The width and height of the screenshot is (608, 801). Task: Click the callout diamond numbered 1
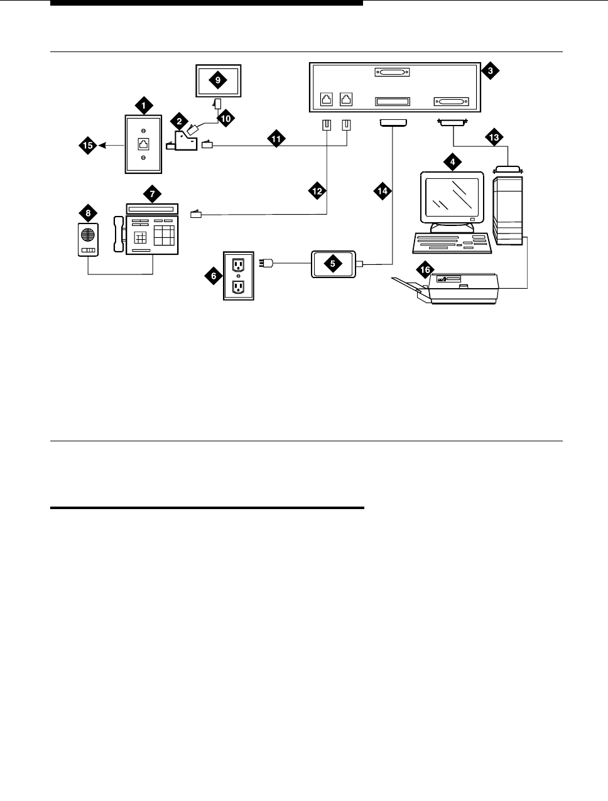(144, 106)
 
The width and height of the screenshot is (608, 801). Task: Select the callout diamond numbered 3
(490, 71)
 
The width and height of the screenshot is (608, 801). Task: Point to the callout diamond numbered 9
(217, 80)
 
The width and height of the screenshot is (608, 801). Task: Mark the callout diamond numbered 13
(494, 136)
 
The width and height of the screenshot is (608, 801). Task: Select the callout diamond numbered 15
(87, 146)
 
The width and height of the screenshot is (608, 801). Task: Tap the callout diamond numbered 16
(426, 270)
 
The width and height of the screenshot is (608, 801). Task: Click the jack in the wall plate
(144, 143)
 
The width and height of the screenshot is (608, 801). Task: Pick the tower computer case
(509, 210)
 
